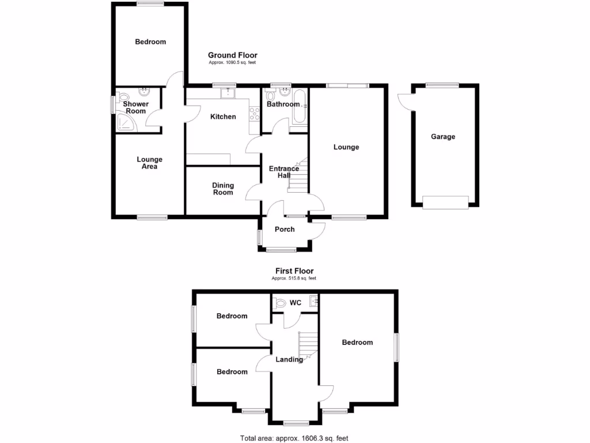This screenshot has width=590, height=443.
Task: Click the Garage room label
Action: click(x=443, y=137)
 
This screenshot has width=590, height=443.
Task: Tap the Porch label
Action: click(x=285, y=229)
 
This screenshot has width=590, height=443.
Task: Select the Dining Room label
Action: click(x=223, y=189)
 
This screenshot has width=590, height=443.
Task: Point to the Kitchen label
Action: click(x=223, y=117)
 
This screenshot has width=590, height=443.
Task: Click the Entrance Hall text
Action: click(x=284, y=172)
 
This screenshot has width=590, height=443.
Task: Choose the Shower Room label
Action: click(x=136, y=107)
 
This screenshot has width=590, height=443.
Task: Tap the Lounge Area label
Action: click(x=149, y=163)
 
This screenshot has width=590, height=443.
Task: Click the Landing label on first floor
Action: click(x=289, y=359)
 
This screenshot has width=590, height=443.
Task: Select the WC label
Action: click(x=296, y=302)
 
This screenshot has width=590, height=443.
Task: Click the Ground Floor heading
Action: click(x=232, y=55)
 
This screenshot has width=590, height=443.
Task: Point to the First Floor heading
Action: click(x=294, y=271)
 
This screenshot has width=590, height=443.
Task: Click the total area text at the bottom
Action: click(x=294, y=438)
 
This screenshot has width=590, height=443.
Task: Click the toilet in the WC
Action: click(x=281, y=302)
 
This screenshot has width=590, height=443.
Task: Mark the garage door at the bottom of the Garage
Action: click(x=445, y=202)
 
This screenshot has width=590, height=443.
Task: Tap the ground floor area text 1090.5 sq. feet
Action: click(x=232, y=62)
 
